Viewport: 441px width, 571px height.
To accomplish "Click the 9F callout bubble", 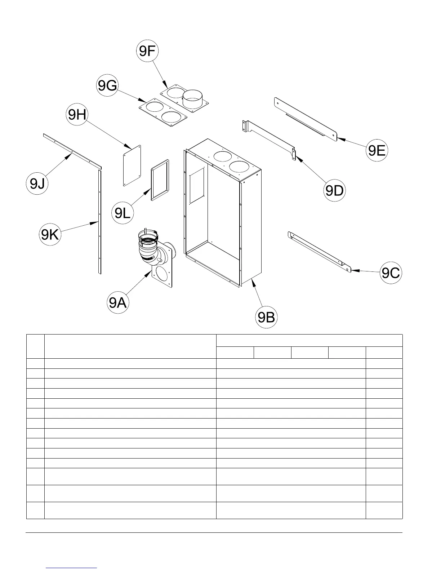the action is point(147,51).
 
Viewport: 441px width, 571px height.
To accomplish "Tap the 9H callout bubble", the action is point(77,115).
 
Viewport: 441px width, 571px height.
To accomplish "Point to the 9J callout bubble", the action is point(37,183).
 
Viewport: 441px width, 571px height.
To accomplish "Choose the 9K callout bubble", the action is point(50,235).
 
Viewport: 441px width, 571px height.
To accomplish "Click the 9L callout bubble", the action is point(122,213).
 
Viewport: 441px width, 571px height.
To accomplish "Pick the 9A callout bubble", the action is point(118,302).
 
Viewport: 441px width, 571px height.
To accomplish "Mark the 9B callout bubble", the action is point(267,317).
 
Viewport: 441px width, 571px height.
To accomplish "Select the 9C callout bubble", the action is point(391,273).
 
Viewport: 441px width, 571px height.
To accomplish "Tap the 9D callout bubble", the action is point(335,190).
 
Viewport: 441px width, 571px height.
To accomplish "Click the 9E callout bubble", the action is point(377,150).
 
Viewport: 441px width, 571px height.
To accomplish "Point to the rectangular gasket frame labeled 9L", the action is point(160,180).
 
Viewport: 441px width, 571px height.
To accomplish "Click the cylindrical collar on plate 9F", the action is point(193,98).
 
